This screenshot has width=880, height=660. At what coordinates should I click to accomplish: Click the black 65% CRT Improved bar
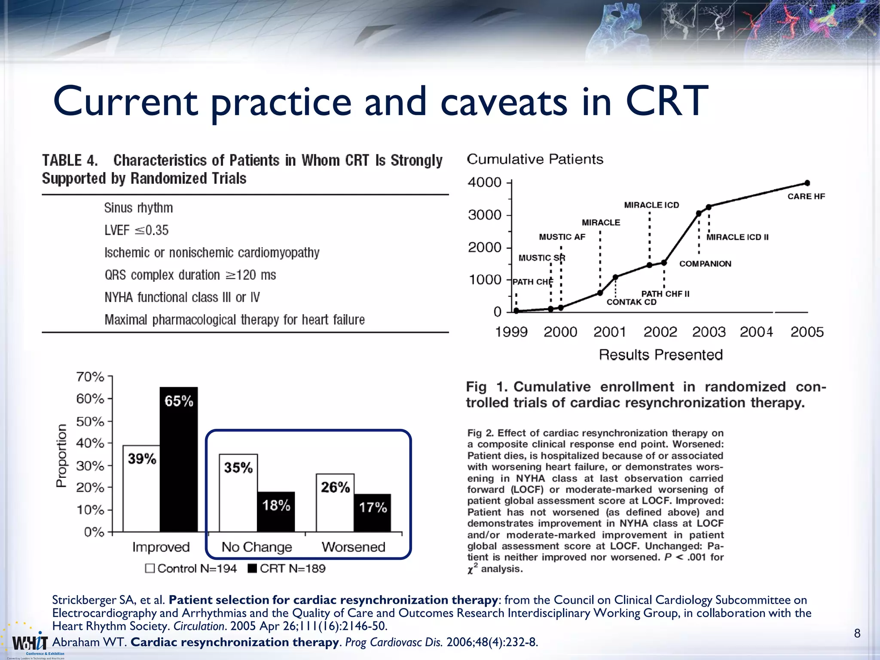(x=179, y=460)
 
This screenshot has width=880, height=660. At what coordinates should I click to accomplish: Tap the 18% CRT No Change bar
(x=276, y=512)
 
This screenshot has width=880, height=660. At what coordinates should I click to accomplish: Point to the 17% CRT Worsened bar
(x=373, y=513)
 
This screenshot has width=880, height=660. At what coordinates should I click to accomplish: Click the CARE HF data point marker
(x=807, y=183)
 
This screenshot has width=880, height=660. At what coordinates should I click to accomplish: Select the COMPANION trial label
(x=705, y=264)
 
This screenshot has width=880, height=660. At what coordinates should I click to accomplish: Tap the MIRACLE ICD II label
(x=737, y=237)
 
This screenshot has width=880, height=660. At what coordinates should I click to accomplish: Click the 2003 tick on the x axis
(x=709, y=332)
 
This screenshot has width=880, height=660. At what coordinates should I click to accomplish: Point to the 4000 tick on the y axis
(x=485, y=183)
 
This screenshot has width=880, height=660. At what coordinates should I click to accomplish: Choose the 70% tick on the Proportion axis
(x=90, y=377)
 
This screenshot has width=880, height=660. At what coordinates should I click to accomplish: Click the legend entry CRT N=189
(x=287, y=568)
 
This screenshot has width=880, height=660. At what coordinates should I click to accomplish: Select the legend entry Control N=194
(x=191, y=568)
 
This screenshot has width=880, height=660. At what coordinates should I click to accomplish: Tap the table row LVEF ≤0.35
(x=137, y=230)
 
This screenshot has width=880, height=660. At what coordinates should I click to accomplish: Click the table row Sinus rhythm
(x=138, y=208)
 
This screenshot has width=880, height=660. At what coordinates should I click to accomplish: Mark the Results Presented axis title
(x=661, y=355)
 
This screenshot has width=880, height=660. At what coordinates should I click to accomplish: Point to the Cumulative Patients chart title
(x=535, y=159)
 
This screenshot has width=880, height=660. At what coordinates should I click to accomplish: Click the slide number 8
(x=857, y=633)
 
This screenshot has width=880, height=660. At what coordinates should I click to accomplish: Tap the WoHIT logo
(x=30, y=643)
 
